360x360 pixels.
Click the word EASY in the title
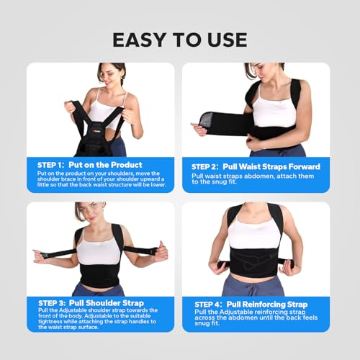[139, 40]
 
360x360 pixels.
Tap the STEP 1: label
[51, 165]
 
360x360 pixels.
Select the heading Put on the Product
[105, 165]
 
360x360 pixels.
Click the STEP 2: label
[205, 167]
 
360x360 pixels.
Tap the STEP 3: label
[52, 303]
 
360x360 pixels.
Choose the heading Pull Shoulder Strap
[107, 303]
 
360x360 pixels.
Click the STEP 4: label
[208, 305]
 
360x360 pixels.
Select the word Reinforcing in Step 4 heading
[264, 305]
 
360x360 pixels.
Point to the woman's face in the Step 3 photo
[87, 214]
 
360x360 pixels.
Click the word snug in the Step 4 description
[201, 323]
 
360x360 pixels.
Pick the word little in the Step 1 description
[42, 184]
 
